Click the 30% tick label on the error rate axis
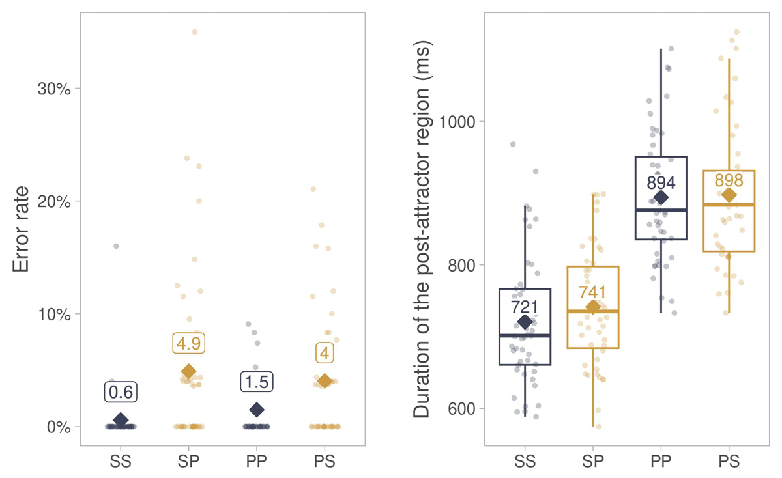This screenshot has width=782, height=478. pos(55,89)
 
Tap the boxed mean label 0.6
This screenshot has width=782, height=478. pos(121,393)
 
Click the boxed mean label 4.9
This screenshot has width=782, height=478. pos(189,343)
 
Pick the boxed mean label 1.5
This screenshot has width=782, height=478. pos(257,382)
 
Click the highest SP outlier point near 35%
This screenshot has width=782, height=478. pos(194,32)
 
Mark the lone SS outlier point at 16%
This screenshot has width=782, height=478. pos(116,246)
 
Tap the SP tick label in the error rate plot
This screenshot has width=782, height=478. pos(189,462)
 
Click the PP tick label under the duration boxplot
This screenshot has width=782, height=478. pos(661,462)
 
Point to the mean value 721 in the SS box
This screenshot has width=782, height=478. pos(525,306)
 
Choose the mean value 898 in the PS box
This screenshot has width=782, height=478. pos(729,180)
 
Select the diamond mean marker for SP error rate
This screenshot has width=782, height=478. pos(189,371)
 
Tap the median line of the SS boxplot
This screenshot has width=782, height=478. pos(525,335)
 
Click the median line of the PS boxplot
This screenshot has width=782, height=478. pos(729,204)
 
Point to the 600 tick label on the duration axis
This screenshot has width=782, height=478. pos(462,409)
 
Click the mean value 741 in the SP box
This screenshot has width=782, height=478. pos(593,292)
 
